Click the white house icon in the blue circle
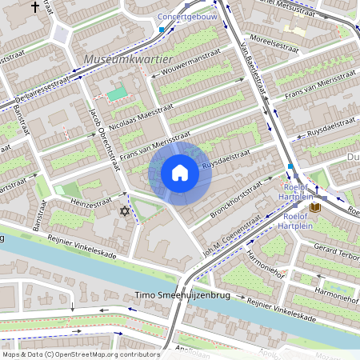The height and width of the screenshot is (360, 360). (180, 173)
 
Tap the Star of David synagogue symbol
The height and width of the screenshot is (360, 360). (123, 211)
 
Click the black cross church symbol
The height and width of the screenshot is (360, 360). (34, 6)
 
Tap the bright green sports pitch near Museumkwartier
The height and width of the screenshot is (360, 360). (117, 94)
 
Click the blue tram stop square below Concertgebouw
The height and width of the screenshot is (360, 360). (162, 30)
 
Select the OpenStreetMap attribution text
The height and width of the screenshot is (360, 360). (80, 354)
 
